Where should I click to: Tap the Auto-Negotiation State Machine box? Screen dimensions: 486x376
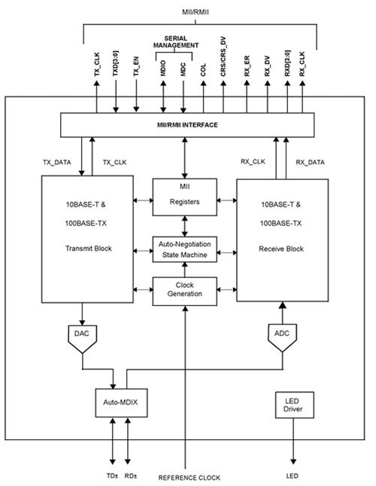click(185, 249)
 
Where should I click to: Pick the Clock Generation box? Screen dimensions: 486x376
click(185, 291)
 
